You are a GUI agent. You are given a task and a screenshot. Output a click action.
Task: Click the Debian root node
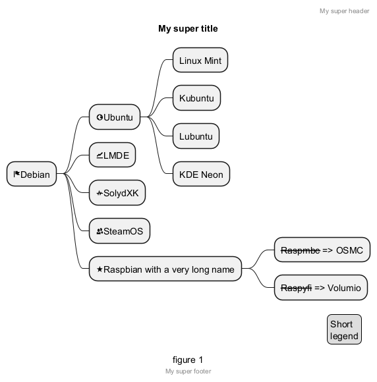coord(32,174)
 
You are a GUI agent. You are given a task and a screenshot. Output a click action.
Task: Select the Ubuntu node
coord(115,117)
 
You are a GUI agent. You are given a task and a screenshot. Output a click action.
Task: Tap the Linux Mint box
coord(200,60)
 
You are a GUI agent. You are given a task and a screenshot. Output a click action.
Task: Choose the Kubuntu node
coord(196,97)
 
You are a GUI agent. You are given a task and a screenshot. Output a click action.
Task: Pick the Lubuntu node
coord(196,136)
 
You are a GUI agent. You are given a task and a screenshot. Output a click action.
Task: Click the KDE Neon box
coord(201,174)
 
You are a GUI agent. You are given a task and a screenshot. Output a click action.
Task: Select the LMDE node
coord(113,155)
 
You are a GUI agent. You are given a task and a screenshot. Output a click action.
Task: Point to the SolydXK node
coord(117,193)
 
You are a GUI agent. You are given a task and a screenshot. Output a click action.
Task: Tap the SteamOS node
coord(119,231)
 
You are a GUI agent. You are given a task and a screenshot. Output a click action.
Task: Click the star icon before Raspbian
coord(100,269)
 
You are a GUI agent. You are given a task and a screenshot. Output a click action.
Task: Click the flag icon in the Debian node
coord(16,174)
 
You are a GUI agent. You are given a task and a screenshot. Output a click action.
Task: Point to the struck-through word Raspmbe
coord(301,250)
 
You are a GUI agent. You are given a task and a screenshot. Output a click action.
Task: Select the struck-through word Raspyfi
coord(297,288)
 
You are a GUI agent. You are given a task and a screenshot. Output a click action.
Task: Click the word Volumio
coord(344,288)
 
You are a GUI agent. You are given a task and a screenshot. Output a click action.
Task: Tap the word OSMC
coord(349,250)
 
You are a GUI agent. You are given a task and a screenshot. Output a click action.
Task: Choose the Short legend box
coord(344,329)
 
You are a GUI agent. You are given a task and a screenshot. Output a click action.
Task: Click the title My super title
coord(188,28)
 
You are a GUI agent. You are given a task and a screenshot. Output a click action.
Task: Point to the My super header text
coord(345,11)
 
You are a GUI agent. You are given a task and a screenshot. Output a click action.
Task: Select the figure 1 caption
coord(188,360)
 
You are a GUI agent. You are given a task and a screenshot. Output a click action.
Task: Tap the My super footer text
coord(188,371)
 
